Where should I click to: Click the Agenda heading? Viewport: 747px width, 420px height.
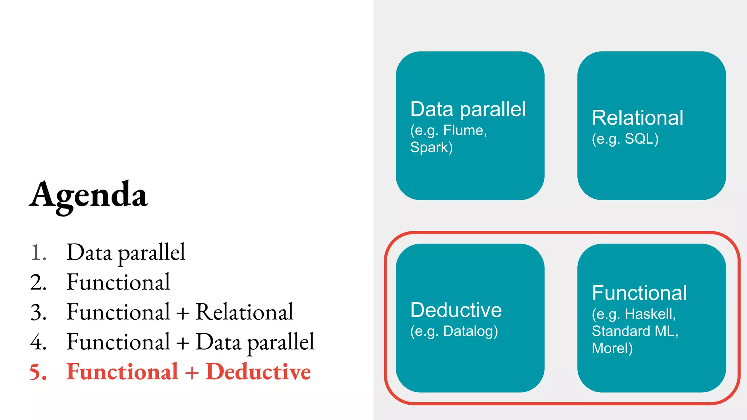click(88, 195)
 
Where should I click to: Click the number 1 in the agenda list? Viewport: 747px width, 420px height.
click(38, 252)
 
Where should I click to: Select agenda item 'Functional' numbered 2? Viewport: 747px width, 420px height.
click(118, 282)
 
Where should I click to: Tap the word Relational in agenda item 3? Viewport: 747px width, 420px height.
click(244, 312)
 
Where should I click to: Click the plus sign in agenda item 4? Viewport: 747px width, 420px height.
click(183, 343)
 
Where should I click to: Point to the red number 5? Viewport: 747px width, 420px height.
click(38, 372)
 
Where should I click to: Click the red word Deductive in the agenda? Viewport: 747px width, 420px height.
click(258, 372)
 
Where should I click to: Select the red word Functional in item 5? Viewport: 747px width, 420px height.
click(122, 372)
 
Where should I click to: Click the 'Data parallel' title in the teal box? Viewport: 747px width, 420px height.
click(468, 109)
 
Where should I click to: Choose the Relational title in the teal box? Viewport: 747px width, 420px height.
click(638, 117)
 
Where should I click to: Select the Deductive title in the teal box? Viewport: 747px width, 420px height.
click(456, 310)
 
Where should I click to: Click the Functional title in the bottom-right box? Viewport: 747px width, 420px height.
click(639, 292)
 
